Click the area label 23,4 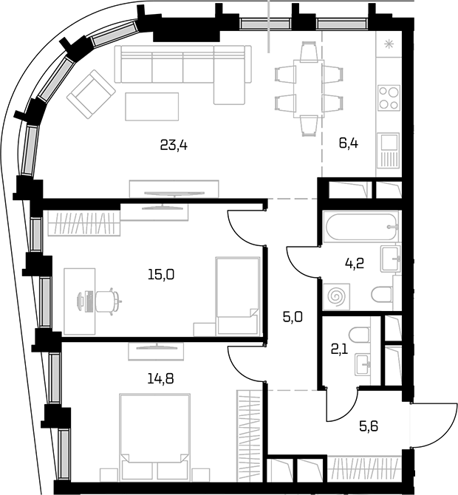click(174, 146)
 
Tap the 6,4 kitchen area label click(349, 143)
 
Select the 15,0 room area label click(161, 275)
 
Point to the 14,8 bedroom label click(160, 378)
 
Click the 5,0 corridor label click(293, 317)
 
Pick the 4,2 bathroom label click(355, 263)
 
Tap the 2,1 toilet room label click(339, 349)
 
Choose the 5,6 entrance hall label click(369, 426)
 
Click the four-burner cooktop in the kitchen click(389, 98)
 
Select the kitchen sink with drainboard click(389, 150)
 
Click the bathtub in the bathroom click(360, 227)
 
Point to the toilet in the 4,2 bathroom click(382, 294)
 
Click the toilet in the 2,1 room click(359, 335)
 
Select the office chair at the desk click(108, 301)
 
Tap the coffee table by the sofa click(152, 106)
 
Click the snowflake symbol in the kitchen click(389, 44)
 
